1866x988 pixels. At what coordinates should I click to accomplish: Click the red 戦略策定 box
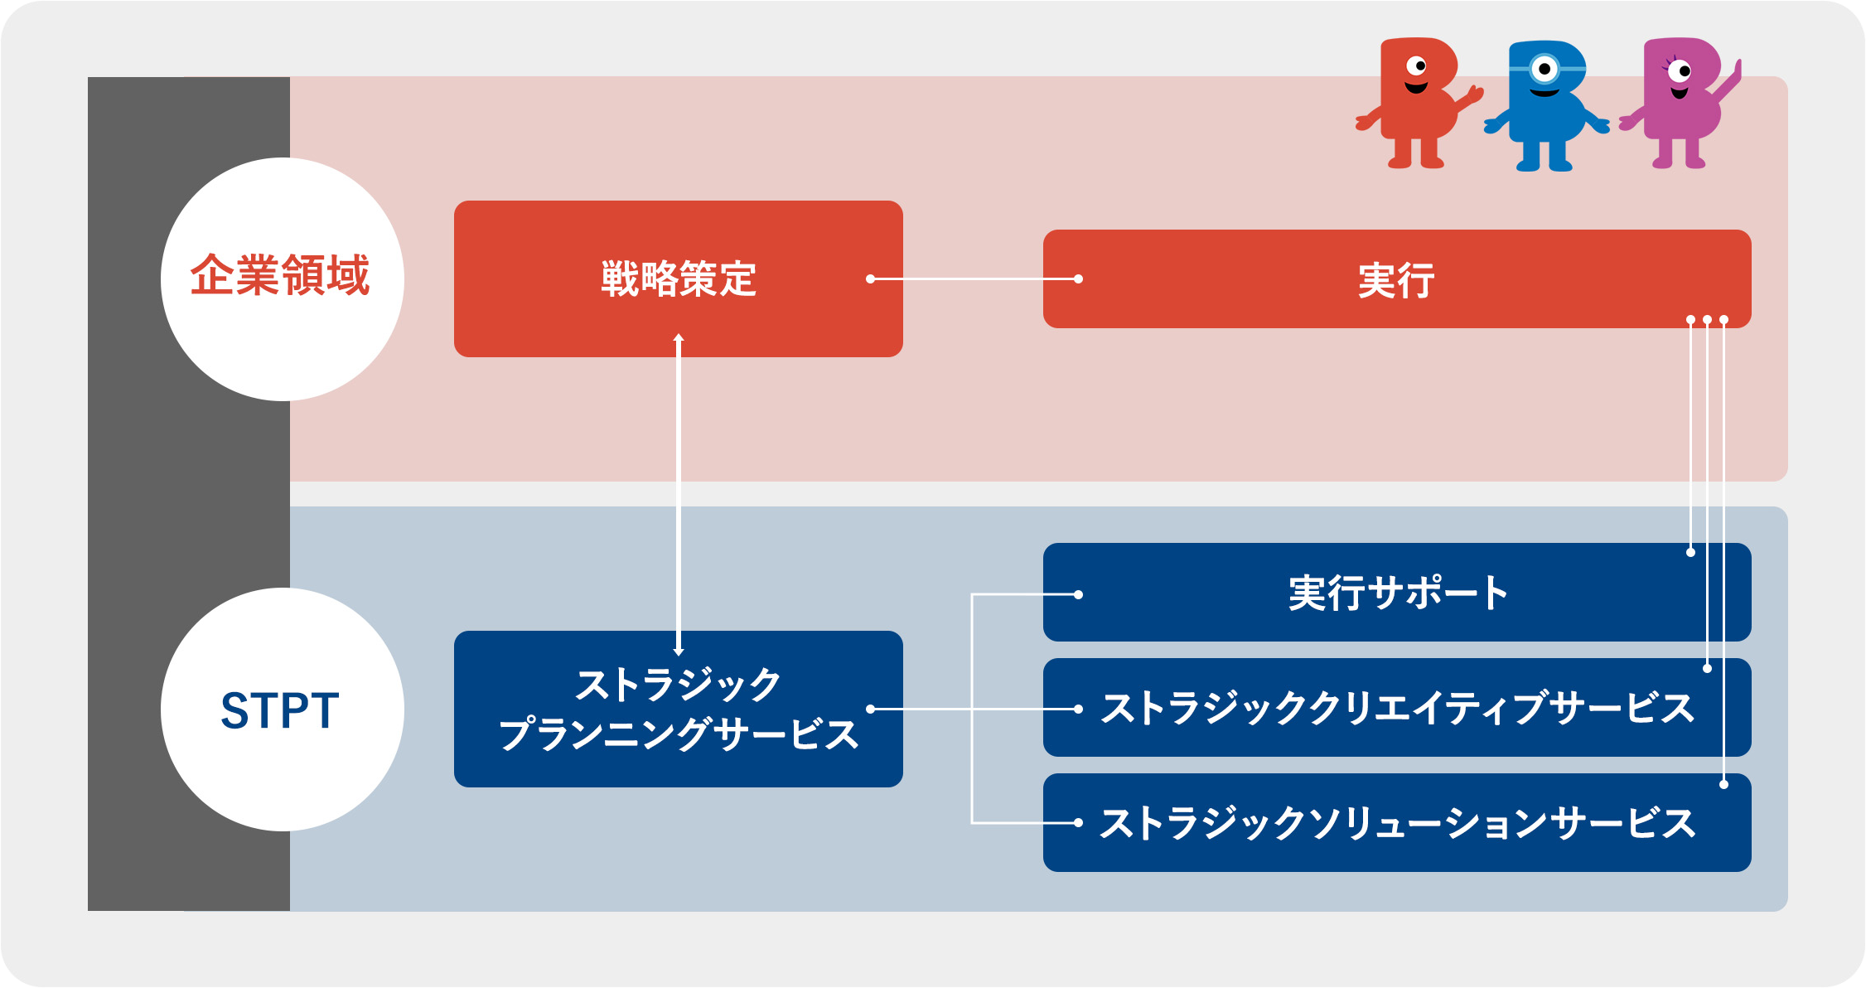tap(678, 278)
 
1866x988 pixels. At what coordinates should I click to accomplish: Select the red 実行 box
tap(1397, 278)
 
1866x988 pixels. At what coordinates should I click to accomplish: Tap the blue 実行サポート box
tap(1397, 592)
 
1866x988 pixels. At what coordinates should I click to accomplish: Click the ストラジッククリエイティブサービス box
tap(1397, 707)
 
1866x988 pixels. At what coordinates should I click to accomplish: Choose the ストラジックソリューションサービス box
tap(1397, 822)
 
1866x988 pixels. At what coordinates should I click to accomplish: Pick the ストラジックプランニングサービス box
tap(678, 709)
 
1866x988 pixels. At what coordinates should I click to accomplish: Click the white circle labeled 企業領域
tap(283, 279)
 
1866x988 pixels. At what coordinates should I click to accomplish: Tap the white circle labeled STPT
tap(283, 710)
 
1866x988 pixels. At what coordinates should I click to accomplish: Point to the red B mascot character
tap(1417, 103)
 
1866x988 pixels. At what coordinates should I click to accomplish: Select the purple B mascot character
tap(1680, 103)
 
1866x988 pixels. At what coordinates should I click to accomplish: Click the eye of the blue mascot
tap(1544, 69)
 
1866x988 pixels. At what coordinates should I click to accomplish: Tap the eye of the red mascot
tap(1417, 65)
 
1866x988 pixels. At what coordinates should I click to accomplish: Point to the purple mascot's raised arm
tap(1727, 83)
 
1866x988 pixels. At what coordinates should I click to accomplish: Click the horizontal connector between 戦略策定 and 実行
tap(974, 279)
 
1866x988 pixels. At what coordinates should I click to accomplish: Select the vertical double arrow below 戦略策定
tap(679, 494)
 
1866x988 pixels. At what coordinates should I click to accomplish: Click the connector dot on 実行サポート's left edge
tap(1078, 594)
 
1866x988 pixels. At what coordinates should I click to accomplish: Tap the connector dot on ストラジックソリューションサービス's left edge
tap(1078, 823)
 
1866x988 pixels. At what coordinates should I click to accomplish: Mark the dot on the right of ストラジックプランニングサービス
tap(871, 709)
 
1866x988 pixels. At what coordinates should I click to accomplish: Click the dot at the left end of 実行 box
tap(1078, 279)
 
